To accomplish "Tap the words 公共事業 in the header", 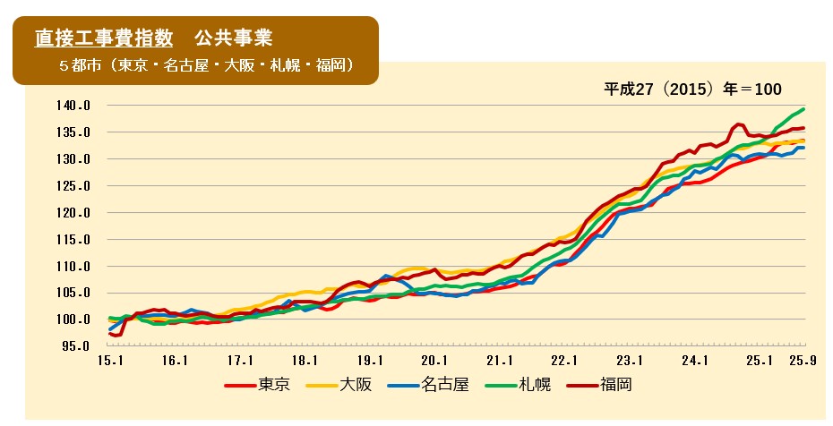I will [233, 38].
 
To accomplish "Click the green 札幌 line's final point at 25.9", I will [803, 109].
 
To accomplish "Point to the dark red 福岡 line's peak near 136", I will [739, 124].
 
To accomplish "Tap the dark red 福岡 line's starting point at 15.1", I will [109, 333].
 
